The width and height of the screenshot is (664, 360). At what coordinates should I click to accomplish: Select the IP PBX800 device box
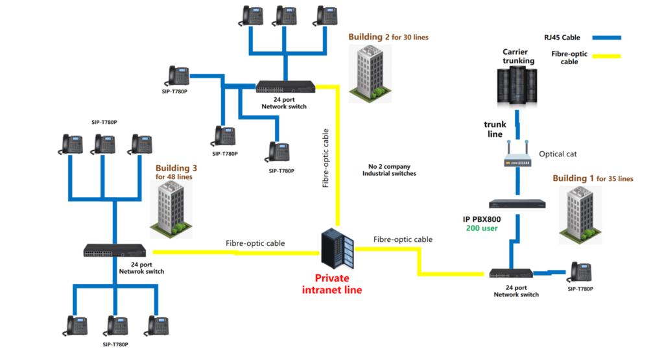(x=517, y=204)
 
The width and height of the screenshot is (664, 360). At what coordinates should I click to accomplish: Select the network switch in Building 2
(x=286, y=87)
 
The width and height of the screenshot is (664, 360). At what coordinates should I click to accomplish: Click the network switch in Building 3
(x=114, y=251)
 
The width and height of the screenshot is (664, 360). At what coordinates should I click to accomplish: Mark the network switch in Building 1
(x=512, y=274)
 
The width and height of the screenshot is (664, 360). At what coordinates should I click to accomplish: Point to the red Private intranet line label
(x=332, y=284)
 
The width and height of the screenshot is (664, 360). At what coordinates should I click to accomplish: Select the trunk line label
(x=495, y=129)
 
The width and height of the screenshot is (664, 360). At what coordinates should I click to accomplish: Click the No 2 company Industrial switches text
(x=389, y=170)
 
